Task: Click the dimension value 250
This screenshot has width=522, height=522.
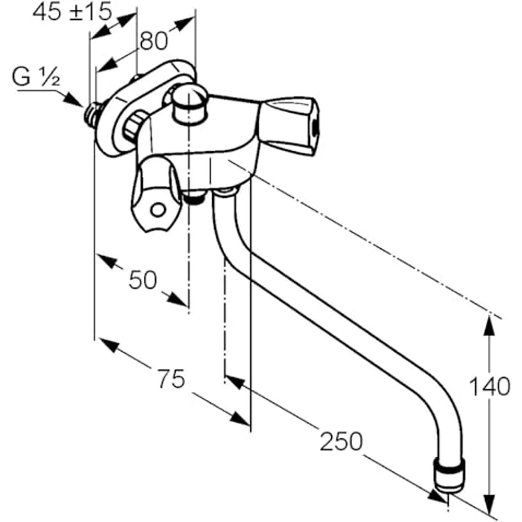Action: coord(341,441)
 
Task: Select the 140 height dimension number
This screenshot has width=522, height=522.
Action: coord(489,387)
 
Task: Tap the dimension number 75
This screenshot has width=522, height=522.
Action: coord(171,379)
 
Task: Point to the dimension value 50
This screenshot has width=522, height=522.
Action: coord(143,279)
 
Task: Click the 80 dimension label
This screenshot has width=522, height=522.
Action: coord(154,41)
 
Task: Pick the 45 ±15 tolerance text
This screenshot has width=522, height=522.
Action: coord(72,12)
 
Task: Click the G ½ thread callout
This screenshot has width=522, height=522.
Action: coord(36,77)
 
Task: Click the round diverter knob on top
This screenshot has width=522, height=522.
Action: coord(190,104)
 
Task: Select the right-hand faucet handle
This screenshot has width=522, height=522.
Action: coord(288,126)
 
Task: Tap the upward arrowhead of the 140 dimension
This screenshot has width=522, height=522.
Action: coord(489,326)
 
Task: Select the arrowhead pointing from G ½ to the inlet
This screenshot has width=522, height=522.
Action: coord(74,100)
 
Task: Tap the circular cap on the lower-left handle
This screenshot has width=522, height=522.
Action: coord(157,210)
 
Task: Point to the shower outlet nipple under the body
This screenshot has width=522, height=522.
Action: coord(195,198)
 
